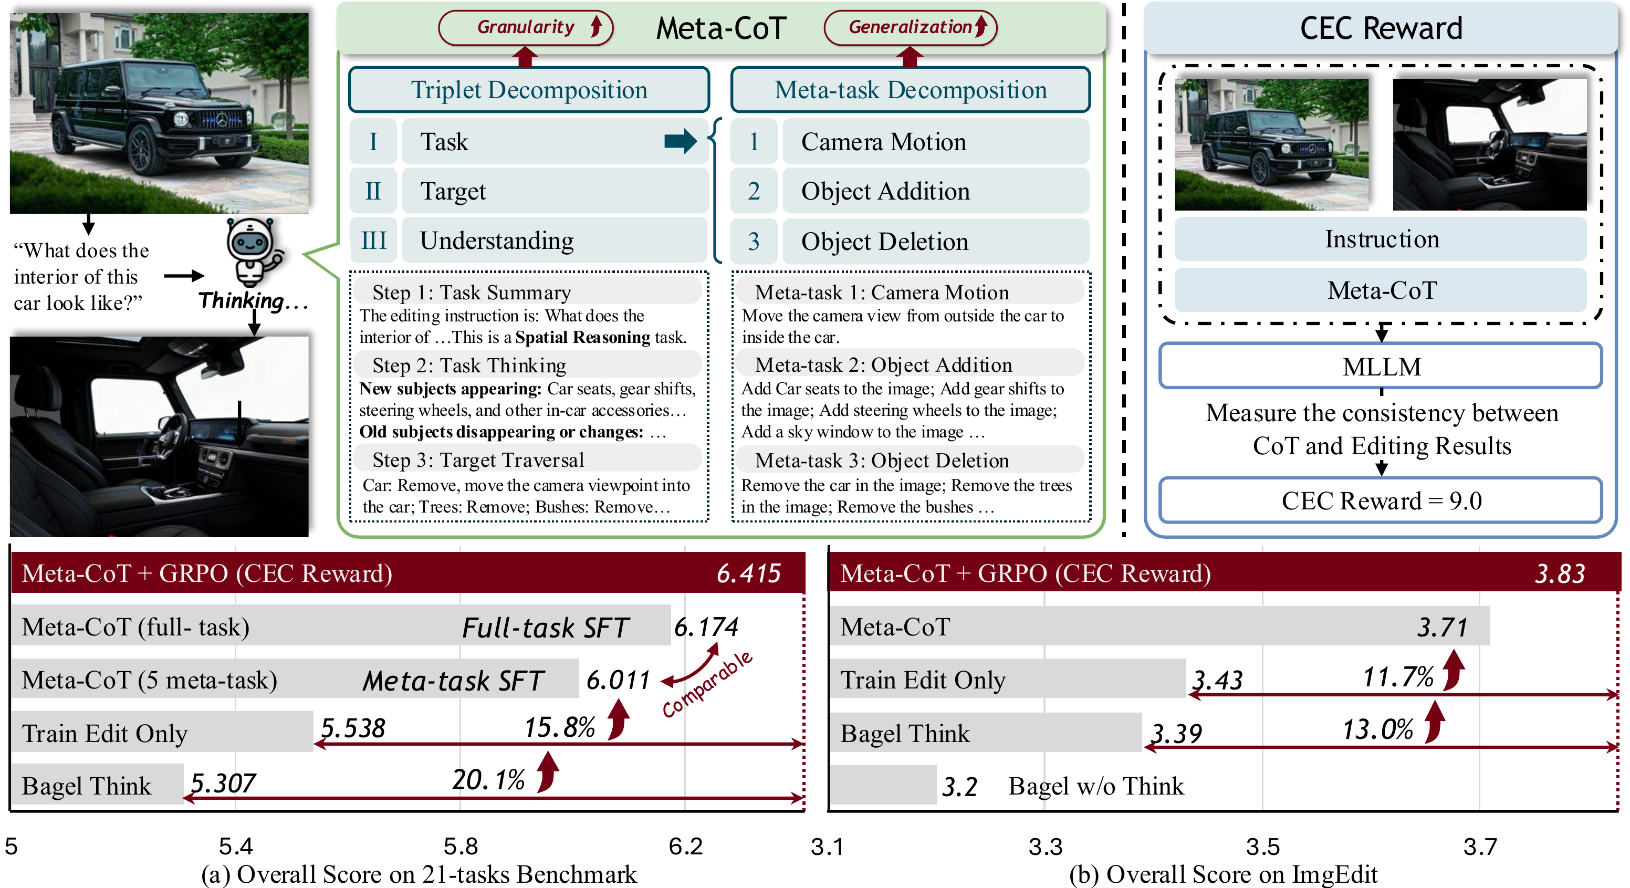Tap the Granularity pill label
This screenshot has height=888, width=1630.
pyautogui.click(x=525, y=27)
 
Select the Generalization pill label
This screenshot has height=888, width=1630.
pyautogui.click(x=910, y=27)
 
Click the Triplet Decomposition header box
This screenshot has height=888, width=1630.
pyautogui.click(x=529, y=90)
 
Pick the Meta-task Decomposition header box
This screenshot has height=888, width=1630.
pyautogui.click(x=910, y=90)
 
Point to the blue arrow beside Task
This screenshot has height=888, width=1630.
pyautogui.click(x=680, y=141)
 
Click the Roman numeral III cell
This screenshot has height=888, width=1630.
pyautogui.click(x=373, y=241)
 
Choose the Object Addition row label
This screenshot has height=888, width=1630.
pyautogui.click(x=885, y=191)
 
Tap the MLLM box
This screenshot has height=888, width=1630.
pyautogui.click(x=1381, y=367)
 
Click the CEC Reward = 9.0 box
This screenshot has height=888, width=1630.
pyautogui.click(x=1381, y=500)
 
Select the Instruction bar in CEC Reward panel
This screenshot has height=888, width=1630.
pyautogui.click(x=1381, y=239)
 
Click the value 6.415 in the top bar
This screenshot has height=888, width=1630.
pyautogui.click(x=748, y=573)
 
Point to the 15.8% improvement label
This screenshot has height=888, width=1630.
pyautogui.click(x=559, y=728)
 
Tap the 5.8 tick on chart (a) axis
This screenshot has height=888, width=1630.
pyautogui.click(x=461, y=846)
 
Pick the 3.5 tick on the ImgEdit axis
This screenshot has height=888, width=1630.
pyautogui.click(x=1263, y=846)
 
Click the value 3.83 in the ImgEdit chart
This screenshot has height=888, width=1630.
pyautogui.click(x=1560, y=573)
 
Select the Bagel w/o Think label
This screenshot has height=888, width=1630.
pyautogui.click(x=1095, y=786)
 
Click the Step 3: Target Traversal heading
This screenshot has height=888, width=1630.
pyautogui.click(x=478, y=460)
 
